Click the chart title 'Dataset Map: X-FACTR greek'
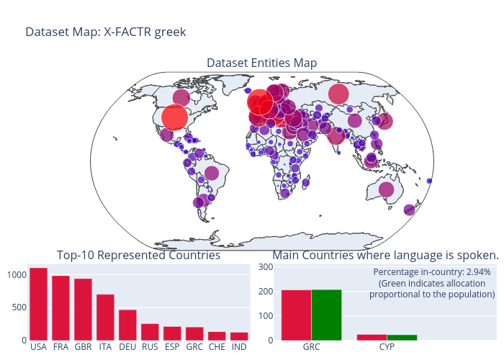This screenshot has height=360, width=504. pyautogui.click(x=106, y=32)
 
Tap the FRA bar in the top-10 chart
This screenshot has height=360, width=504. pyautogui.click(x=60, y=307)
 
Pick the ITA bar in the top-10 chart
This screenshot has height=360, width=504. pyautogui.click(x=105, y=317)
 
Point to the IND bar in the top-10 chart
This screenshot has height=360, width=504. pyautogui.click(x=239, y=336)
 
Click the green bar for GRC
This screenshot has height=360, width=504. pyautogui.click(x=326, y=315)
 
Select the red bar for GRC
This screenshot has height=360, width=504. pyautogui.click(x=296, y=315)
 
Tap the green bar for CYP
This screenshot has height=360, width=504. pyautogui.click(x=402, y=337)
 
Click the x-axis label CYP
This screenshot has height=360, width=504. pyautogui.click(x=387, y=347)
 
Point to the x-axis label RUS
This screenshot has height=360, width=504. pyautogui.click(x=150, y=347)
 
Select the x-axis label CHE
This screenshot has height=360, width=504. pyautogui.click(x=217, y=347)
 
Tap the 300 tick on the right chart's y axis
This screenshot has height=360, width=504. pyautogui.click(x=265, y=267)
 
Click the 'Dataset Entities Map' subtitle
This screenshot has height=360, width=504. pyautogui.click(x=261, y=63)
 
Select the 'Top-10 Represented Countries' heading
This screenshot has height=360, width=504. pyautogui.click(x=138, y=256)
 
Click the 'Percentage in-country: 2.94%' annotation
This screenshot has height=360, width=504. pyautogui.click(x=432, y=272)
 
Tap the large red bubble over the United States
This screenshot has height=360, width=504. pyautogui.click(x=175, y=117)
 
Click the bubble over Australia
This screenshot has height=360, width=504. pyautogui.click(x=386, y=189)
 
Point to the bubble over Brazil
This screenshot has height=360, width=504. pyautogui.click(x=212, y=173)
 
